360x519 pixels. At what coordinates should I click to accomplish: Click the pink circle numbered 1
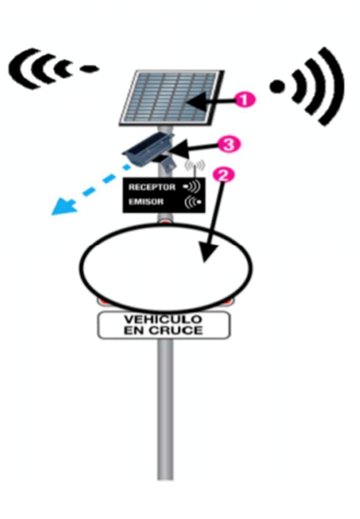[x=245, y=100]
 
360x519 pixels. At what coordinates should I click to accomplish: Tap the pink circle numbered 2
[x=224, y=175]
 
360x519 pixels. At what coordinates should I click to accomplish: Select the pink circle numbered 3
[x=228, y=144]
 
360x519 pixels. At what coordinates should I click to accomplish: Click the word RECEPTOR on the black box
[x=152, y=187]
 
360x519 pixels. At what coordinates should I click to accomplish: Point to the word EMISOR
[x=146, y=202]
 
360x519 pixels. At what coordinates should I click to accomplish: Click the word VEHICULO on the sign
[x=163, y=319]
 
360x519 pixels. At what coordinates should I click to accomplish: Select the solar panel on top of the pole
[x=172, y=98]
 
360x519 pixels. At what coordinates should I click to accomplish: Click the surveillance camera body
[x=149, y=151]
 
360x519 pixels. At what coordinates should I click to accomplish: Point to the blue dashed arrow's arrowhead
[x=63, y=206]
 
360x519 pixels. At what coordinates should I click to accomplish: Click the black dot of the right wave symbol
[x=277, y=87]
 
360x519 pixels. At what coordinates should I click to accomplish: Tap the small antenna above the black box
[x=195, y=167]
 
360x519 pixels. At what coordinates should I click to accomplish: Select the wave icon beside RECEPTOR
[x=192, y=187]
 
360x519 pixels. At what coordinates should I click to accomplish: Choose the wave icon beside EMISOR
[x=193, y=202]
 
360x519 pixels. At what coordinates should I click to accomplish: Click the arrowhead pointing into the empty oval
[x=208, y=253]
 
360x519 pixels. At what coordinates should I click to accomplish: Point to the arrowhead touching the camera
[x=177, y=149]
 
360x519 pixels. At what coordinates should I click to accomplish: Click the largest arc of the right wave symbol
[x=331, y=87]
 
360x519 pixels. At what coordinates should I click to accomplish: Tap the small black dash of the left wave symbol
[x=89, y=69]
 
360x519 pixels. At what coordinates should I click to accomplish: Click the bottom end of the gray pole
[x=165, y=479]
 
